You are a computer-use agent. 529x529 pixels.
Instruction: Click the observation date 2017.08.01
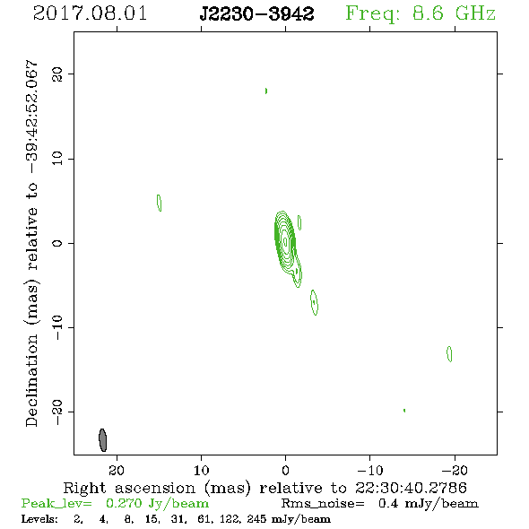[90, 13]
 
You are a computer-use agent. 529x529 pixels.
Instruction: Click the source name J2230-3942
[256, 13]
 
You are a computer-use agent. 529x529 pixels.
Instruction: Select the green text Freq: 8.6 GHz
[421, 13]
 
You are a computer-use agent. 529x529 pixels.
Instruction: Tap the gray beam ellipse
[102, 440]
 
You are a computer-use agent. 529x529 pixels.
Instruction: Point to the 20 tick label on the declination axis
[56, 74]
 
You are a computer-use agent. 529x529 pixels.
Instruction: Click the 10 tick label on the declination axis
[56, 159]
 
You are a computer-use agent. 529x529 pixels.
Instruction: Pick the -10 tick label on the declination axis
[56, 327]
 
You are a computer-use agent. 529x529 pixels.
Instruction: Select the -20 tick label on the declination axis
[56, 412]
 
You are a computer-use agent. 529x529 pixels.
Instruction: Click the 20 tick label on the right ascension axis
[117, 471]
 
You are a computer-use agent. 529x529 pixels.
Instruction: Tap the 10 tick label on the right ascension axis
[202, 471]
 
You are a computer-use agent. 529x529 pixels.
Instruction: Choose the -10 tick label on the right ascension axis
[370, 471]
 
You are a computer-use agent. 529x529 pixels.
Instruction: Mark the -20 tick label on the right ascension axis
[455, 471]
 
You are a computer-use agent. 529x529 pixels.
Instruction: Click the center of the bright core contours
[285, 241]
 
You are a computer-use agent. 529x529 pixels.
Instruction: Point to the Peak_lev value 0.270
[124, 503]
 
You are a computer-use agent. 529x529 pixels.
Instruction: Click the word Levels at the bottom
[39, 519]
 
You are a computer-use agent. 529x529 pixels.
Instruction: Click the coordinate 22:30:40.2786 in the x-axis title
[411, 488]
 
